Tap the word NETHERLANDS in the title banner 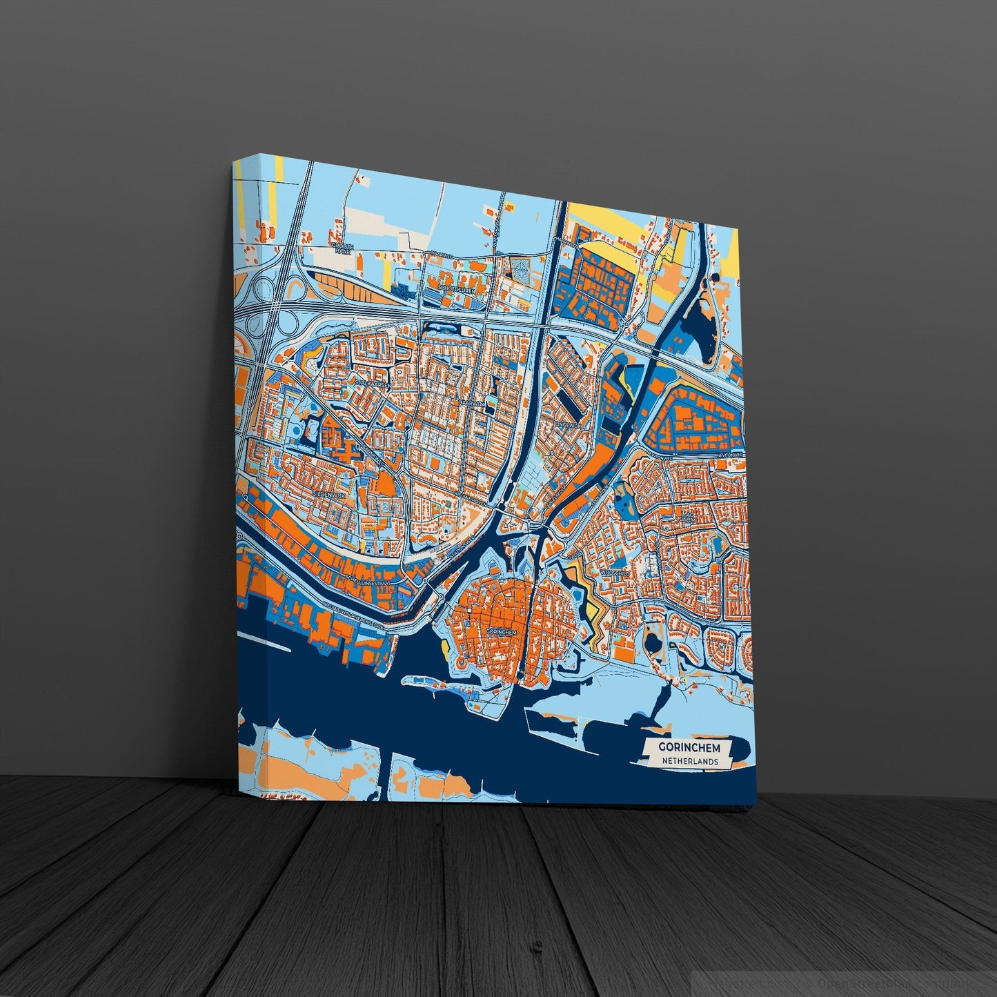pyautogui.click(x=689, y=762)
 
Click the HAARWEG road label pyautogui.click(x=440, y=255)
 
